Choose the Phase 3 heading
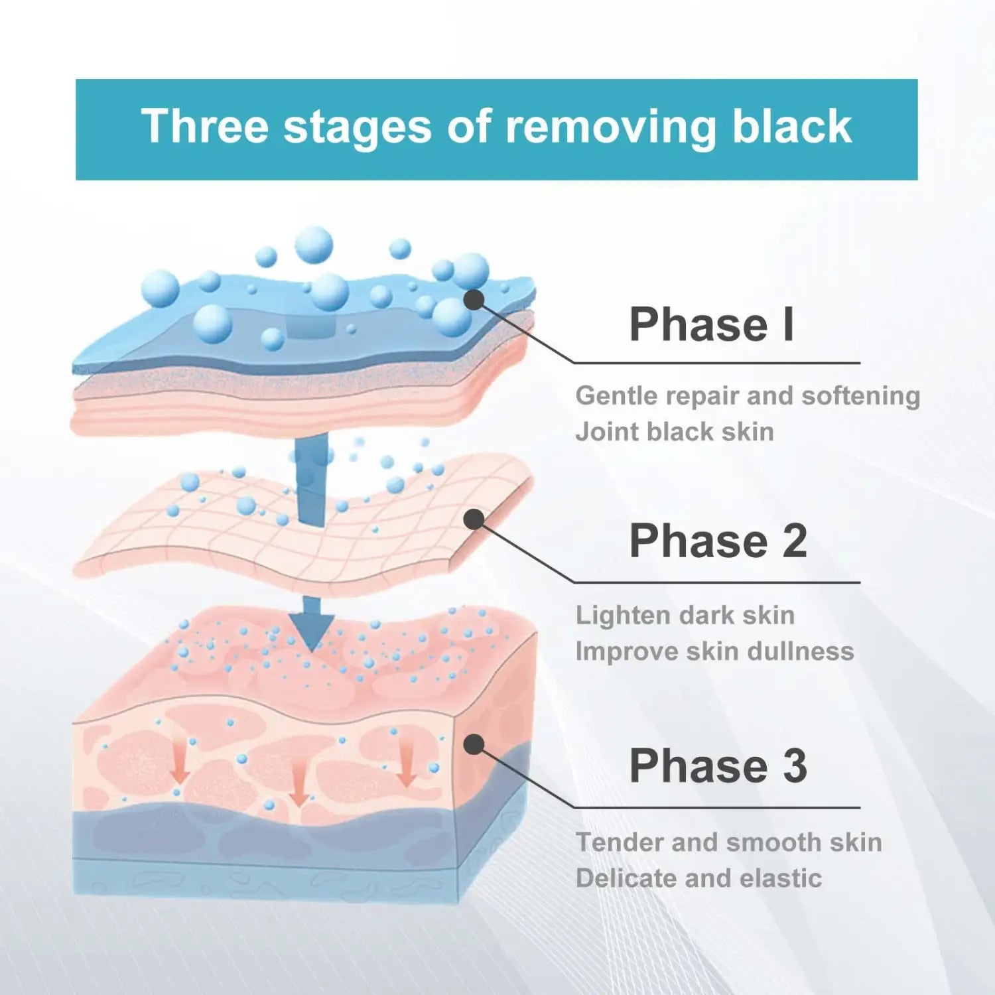tap(718, 765)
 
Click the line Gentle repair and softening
tap(748, 396)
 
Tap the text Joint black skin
tap(675, 431)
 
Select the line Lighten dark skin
tap(685, 616)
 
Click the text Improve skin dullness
tap(715, 651)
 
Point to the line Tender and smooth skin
tap(729, 842)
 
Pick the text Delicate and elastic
tap(698, 878)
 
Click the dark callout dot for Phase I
tap(474, 300)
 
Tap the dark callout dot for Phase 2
tap(474, 519)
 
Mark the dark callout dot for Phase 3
tap(474, 745)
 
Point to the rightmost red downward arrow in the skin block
tap(407, 763)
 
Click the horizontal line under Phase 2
tap(717, 582)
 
